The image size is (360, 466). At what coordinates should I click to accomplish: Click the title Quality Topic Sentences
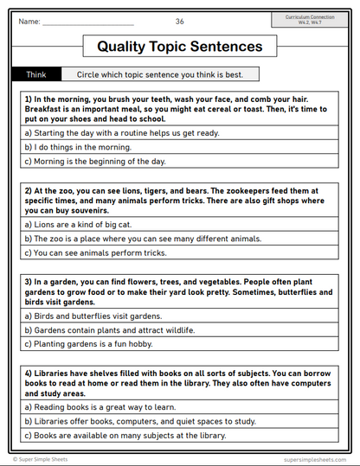click(179, 46)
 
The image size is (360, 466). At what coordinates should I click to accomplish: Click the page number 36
click(179, 21)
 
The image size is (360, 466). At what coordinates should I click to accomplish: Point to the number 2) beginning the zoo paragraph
click(28, 189)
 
